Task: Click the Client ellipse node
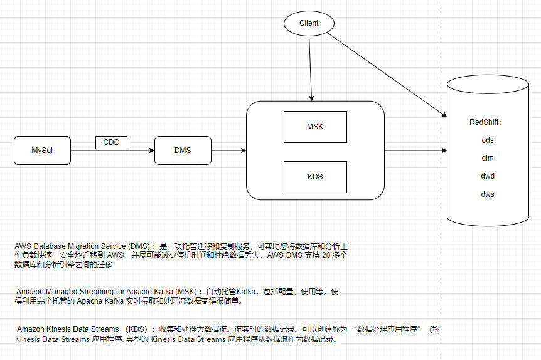click(309, 23)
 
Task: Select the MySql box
click(43, 151)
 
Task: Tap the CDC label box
click(111, 142)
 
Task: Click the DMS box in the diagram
click(182, 151)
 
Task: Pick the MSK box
click(315, 127)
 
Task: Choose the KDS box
click(315, 177)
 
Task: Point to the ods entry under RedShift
click(488, 140)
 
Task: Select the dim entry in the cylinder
click(488, 158)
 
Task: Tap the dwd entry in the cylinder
click(488, 176)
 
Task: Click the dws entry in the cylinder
click(488, 194)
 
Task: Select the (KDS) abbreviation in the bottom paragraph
click(137, 329)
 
